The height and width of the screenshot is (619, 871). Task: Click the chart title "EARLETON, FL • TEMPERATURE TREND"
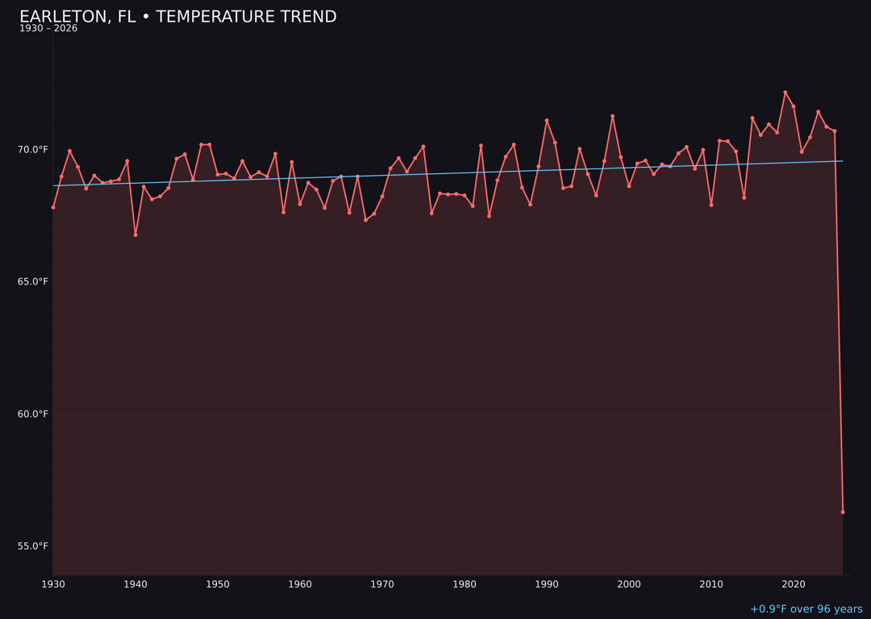point(177,17)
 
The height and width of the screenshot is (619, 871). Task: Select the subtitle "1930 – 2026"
point(48,29)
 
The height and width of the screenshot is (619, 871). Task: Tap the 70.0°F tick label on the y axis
point(34,150)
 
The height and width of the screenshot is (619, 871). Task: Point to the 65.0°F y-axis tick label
point(34,282)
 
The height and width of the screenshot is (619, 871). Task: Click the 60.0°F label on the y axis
point(34,414)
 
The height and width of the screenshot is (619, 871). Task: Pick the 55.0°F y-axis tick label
point(34,546)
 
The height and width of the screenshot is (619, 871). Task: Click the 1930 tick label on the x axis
point(53,584)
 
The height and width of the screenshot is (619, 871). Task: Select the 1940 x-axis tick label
point(135,584)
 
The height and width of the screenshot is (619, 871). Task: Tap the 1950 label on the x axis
point(218,584)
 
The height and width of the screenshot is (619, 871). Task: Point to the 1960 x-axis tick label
point(300,584)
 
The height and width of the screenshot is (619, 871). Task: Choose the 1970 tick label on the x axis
point(382,584)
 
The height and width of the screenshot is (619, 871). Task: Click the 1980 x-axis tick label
point(465,584)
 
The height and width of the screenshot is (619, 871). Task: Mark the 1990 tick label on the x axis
point(547,584)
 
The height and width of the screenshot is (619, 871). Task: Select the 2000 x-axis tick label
point(629,584)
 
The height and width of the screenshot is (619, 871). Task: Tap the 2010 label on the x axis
point(711,584)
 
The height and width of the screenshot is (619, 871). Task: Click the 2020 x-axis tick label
point(794,584)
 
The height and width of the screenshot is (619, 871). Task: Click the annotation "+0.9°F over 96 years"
point(806,609)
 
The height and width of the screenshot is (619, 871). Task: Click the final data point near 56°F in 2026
point(843,512)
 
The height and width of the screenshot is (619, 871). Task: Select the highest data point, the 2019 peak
point(786,93)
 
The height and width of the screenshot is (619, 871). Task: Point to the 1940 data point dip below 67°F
point(135,235)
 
